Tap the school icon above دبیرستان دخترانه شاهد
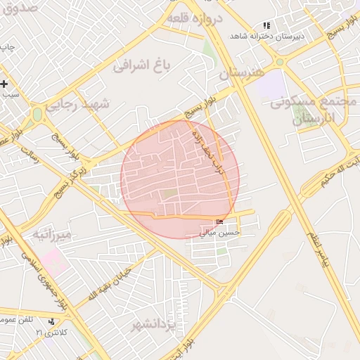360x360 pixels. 266,25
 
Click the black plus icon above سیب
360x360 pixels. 5,84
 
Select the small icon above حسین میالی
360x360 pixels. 219,222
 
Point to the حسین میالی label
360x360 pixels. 220,231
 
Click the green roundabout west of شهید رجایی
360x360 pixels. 38,114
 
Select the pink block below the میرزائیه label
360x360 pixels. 51,262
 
